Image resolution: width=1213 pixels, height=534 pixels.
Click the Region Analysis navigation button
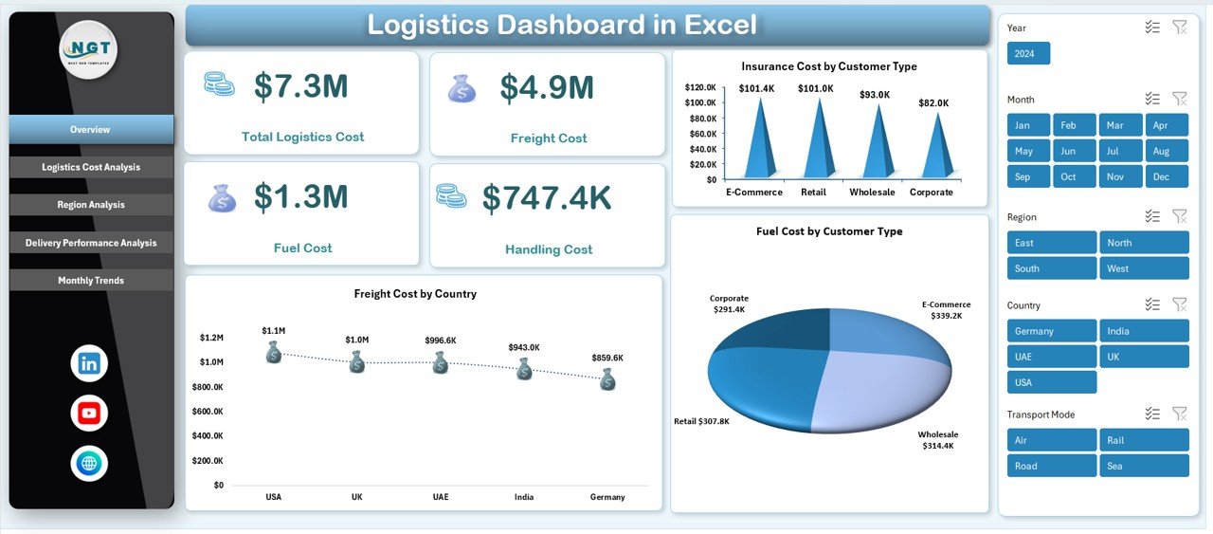click(x=91, y=205)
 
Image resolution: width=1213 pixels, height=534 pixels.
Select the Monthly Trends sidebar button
click(x=91, y=281)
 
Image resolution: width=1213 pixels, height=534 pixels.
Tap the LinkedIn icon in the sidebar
click(x=89, y=363)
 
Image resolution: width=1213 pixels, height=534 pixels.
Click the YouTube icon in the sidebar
click(x=89, y=414)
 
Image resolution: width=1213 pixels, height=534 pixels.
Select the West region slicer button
click(x=1144, y=268)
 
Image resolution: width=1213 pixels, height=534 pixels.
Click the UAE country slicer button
click(x=1051, y=357)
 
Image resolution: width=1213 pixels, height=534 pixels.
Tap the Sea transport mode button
click(x=1144, y=466)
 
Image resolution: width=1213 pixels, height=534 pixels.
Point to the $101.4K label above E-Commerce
click(x=757, y=89)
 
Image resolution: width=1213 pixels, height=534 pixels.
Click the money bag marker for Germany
click(x=607, y=380)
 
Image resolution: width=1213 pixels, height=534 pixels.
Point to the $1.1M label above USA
click(x=274, y=330)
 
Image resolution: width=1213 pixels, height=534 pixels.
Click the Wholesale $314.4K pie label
click(x=937, y=440)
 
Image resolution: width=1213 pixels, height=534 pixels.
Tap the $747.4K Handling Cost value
click(x=547, y=197)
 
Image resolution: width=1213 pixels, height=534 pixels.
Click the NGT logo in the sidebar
click(x=88, y=49)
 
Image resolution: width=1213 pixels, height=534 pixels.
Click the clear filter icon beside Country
click(x=1179, y=304)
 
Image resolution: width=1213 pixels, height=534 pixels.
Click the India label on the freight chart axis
click(x=524, y=497)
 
